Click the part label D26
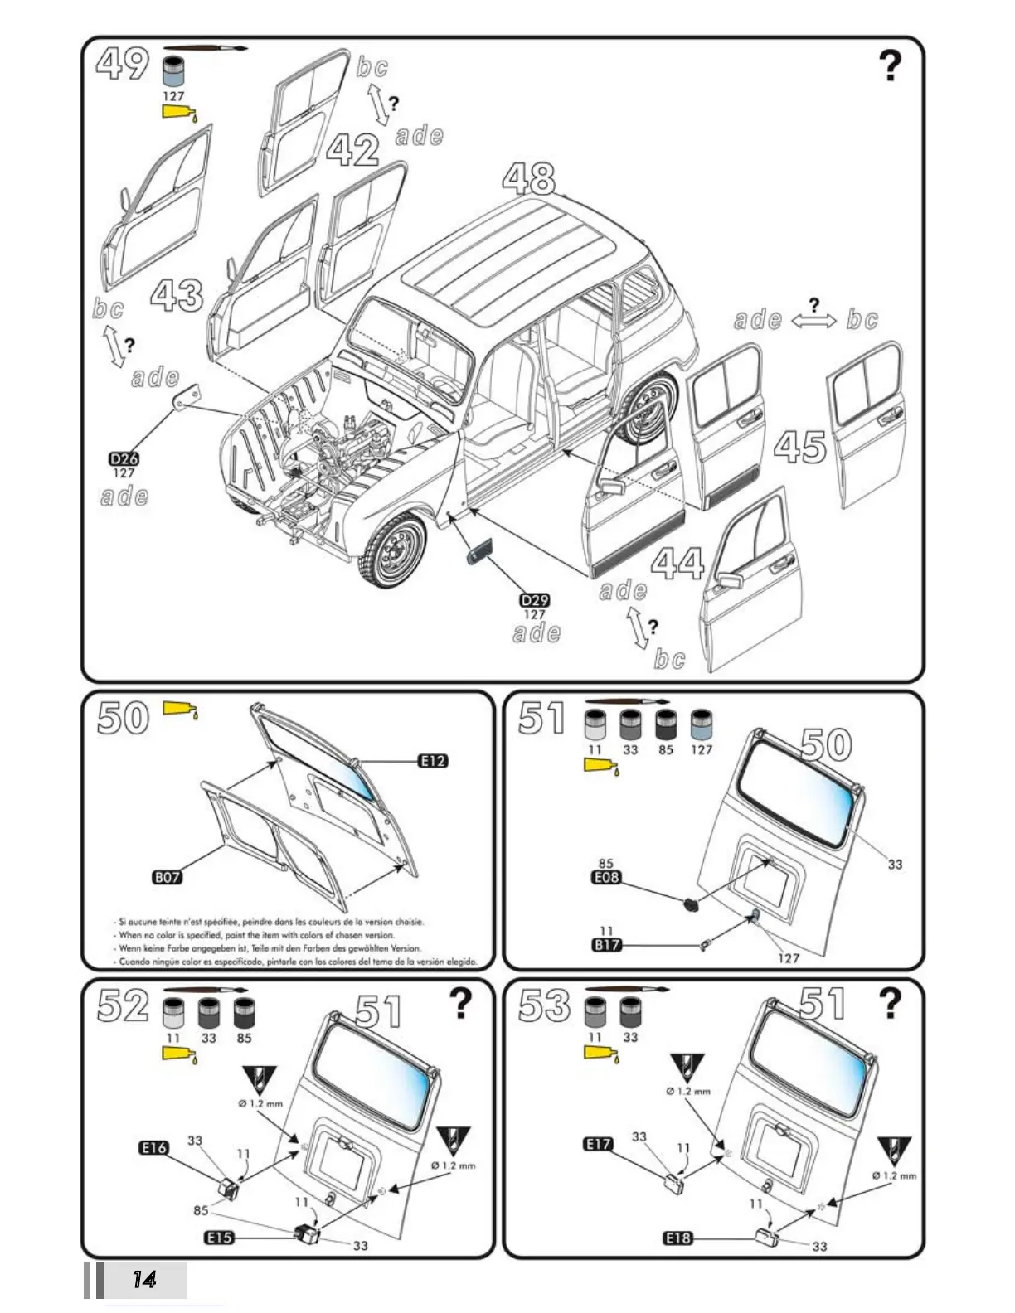124,458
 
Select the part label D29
535,600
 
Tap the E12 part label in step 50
433,761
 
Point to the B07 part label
167,877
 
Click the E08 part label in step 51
606,877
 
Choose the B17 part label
606,944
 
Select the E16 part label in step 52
153,1147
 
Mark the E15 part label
219,1238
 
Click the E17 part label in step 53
598,1144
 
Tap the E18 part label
677,1238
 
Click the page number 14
144,1280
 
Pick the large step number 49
123,63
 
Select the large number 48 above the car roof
528,178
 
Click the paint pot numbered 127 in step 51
701,724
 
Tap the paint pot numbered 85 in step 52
244,1013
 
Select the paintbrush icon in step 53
628,989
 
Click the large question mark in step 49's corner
890,66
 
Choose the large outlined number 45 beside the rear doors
800,448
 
